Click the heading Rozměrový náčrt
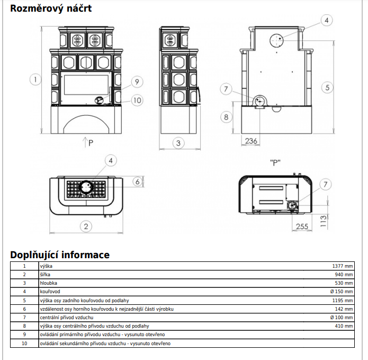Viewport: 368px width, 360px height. click(x=51, y=8)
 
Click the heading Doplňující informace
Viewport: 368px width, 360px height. click(x=60, y=255)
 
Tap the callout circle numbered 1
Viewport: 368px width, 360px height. click(x=35, y=80)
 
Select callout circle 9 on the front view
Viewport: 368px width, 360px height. click(x=137, y=82)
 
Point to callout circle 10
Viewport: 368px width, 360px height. click(x=137, y=100)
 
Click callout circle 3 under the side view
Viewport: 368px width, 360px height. click(x=178, y=143)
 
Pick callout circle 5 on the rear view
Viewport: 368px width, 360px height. click(x=327, y=87)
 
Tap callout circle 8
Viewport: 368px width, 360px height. click(x=226, y=117)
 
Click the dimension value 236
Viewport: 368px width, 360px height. click(x=251, y=141)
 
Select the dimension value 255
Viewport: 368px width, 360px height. click(x=302, y=226)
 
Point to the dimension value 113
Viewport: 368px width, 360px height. click(x=323, y=221)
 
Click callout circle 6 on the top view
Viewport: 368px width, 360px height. click(x=138, y=181)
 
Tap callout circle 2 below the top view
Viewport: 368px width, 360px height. click(x=86, y=226)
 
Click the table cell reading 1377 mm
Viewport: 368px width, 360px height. click(x=343, y=266)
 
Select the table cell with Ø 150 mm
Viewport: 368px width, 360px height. click(x=342, y=292)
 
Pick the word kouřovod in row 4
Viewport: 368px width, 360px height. click(x=50, y=292)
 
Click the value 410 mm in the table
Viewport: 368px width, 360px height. click(x=344, y=326)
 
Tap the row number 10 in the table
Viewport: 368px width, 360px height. click(x=24, y=344)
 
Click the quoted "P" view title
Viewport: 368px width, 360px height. click(x=275, y=162)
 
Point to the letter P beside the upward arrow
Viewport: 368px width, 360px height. click(x=91, y=143)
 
